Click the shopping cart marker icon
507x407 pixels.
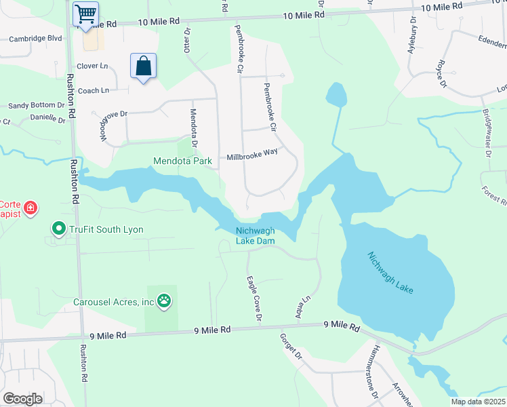pos(85,14)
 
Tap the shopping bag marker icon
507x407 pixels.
pos(143,66)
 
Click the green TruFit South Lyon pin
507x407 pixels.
pos(58,229)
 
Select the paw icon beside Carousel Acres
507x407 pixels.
pos(163,300)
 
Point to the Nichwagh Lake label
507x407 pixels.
pos(390,273)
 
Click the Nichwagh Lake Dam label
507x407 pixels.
pos(255,235)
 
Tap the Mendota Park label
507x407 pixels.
pos(182,161)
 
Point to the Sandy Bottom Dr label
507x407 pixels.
pos(36,106)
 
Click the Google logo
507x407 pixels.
pos(22,398)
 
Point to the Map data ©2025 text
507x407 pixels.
pos(478,402)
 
